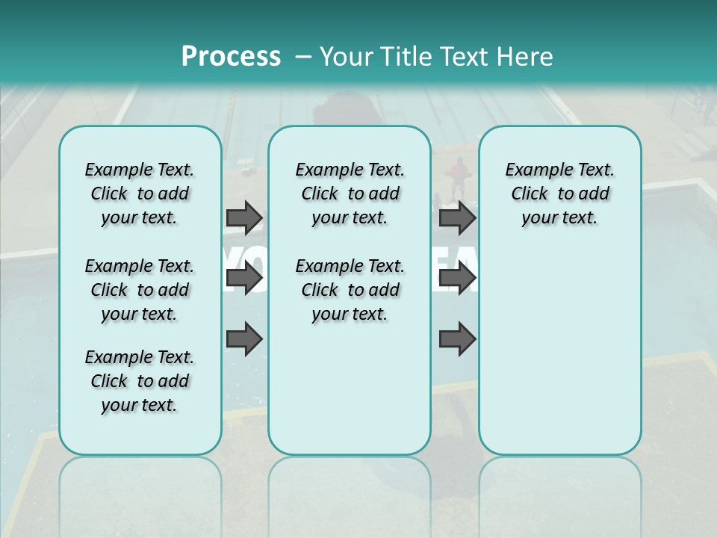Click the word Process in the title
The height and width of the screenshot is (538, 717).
(x=231, y=56)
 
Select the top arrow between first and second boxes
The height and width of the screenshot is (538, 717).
(x=244, y=218)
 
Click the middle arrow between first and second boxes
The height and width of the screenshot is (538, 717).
(x=244, y=279)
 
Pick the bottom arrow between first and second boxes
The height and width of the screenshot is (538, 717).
(x=244, y=339)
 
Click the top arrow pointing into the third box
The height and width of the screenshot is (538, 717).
(x=457, y=218)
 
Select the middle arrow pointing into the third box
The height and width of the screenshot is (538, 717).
(x=457, y=279)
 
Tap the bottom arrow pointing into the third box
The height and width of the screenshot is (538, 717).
(x=457, y=339)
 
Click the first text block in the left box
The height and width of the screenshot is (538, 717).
(x=139, y=194)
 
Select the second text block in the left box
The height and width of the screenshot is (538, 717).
(x=139, y=290)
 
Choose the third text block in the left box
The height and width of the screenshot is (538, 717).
(x=139, y=381)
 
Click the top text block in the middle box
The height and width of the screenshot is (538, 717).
(x=350, y=194)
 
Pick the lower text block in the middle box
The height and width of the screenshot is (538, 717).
(x=350, y=290)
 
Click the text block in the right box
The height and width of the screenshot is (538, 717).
(x=559, y=194)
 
